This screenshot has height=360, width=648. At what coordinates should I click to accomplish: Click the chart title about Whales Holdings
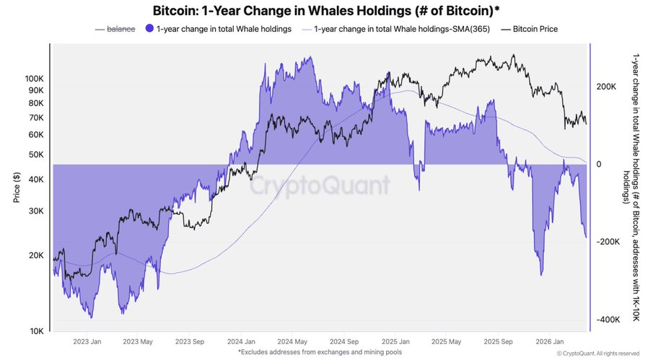point(324,12)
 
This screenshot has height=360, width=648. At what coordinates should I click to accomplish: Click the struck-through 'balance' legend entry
point(121,29)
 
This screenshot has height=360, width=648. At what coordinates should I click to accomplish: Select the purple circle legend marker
point(149,29)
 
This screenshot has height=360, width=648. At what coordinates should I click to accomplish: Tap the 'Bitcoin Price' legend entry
point(535,29)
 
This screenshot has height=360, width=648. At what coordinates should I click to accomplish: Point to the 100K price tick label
point(34,78)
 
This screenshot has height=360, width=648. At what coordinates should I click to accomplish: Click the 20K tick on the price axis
point(36,255)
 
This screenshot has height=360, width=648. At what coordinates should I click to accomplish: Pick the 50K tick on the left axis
point(36,154)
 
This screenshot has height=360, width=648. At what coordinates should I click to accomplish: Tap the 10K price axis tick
point(36,331)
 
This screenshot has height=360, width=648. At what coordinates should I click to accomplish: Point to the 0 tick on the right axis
point(597,164)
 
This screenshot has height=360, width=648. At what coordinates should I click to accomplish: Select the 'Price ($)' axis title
point(16,186)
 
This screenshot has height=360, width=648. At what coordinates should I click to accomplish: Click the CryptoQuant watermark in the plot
point(320,186)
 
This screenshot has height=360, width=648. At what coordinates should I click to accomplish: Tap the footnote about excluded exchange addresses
point(323,352)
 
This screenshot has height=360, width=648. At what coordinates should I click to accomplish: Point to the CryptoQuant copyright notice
point(598,354)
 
